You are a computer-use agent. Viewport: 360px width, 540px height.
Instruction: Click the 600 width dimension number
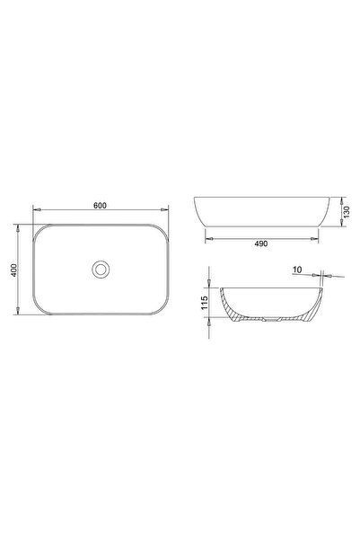tap(101, 206)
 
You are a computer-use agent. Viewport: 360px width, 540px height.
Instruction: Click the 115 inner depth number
tap(206, 304)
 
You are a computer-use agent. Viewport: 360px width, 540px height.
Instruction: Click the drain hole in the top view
tap(101, 268)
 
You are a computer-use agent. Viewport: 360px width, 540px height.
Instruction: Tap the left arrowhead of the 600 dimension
tap(36, 212)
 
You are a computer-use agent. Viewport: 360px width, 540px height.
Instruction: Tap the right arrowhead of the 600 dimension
tap(165, 212)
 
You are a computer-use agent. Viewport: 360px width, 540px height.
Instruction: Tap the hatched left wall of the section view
tap(236, 310)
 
